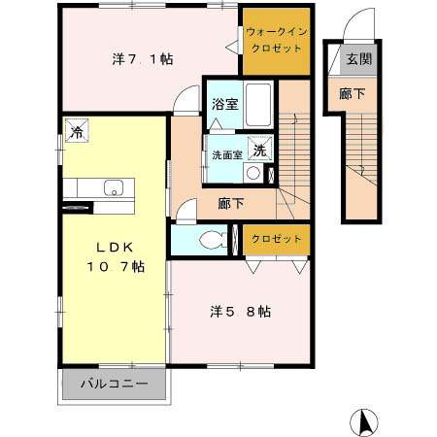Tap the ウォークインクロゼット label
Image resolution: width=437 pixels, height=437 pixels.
[x=276, y=41]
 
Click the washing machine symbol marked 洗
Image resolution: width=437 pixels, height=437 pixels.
[x=259, y=150]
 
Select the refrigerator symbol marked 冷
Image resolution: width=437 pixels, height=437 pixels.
[x=76, y=131]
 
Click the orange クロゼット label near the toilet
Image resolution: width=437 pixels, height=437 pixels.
[x=276, y=239]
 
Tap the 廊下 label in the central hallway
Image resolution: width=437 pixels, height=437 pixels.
[x=231, y=203]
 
